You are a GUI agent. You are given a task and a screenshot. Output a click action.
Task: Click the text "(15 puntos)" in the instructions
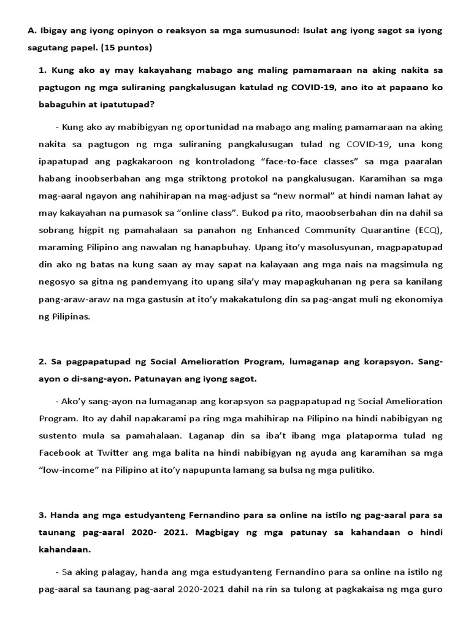point(126,47)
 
